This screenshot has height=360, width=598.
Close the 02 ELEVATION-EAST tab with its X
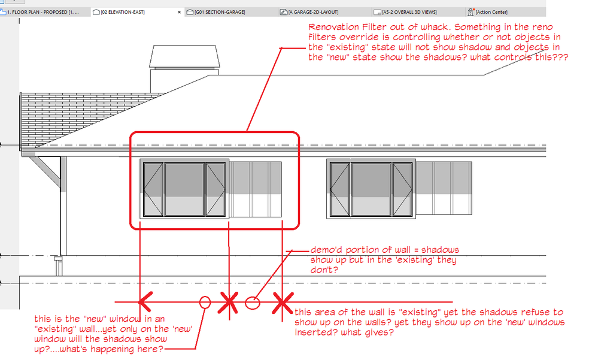[x=179, y=12]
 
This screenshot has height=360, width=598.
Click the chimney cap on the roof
[x=184, y=56]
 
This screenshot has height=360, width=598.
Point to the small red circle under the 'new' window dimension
[x=205, y=302]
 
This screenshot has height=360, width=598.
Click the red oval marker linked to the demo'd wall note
[x=252, y=303]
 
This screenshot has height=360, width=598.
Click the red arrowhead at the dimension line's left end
[x=145, y=302]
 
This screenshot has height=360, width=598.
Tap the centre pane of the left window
[x=184, y=189]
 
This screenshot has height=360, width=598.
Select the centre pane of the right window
[x=371, y=189]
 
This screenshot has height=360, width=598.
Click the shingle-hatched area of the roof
[x=76, y=114]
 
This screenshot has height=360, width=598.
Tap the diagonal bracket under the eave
[x=45, y=172]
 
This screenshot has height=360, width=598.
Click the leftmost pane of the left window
[x=153, y=189]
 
